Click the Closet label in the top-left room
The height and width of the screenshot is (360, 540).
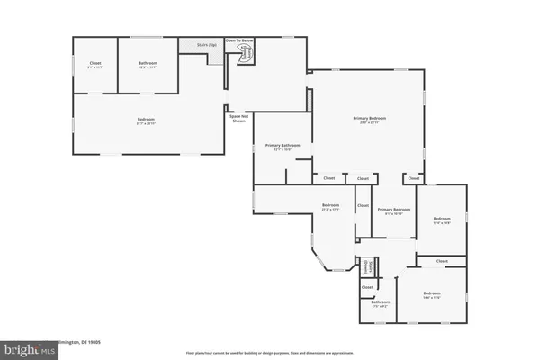pos(94,64)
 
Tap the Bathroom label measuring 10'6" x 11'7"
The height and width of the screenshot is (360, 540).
pos(148,64)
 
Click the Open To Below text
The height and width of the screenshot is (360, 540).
pos(239,40)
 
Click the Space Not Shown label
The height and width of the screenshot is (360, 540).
pos(238,117)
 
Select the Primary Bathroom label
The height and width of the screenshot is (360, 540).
pos(282,148)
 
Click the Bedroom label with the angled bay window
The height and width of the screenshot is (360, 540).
pos(330,207)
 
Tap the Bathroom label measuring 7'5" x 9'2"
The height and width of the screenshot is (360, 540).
pos(381,303)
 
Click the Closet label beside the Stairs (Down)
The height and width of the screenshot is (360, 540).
pos(367,287)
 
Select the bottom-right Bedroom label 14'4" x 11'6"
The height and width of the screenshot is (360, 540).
pos(433,294)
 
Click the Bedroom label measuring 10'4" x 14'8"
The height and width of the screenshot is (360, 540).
pos(441,220)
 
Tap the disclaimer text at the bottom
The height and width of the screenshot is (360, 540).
pos(270,353)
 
